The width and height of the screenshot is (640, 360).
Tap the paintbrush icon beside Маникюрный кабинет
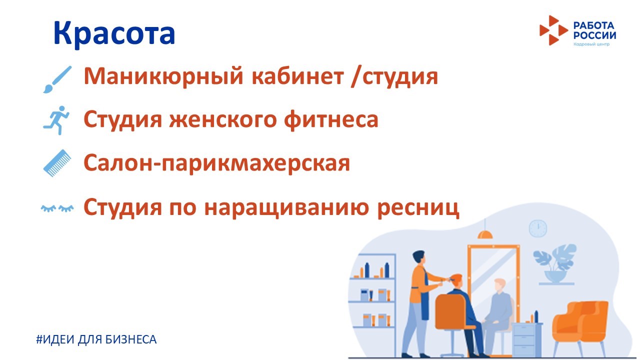[x=57, y=79]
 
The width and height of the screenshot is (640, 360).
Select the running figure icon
[x=56, y=120]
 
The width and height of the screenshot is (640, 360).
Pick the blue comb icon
[x=57, y=163]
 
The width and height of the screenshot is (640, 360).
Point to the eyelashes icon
[x=57, y=208]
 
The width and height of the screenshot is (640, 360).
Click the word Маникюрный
[x=163, y=76]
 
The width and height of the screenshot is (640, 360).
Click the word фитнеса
[x=331, y=120]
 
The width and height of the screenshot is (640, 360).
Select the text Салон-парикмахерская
[x=217, y=163]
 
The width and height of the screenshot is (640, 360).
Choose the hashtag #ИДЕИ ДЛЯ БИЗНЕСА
[x=96, y=339]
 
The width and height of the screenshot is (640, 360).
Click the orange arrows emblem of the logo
[x=553, y=30]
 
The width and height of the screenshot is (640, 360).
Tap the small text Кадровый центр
[x=591, y=44]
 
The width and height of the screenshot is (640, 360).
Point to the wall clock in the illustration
[x=537, y=228]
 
